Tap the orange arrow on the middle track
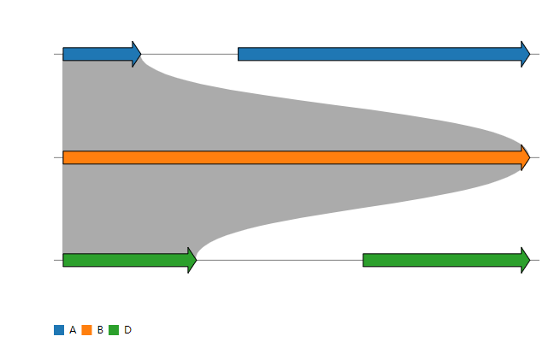click(291, 157)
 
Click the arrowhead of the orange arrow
click(525, 157)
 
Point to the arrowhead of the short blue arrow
click(136, 54)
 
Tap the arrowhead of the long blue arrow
click(525, 54)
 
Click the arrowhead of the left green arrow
click(192, 260)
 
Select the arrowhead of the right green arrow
click(525, 260)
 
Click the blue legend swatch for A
click(59, 330)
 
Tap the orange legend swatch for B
click(86, 330)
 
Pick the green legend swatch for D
click(114, 330)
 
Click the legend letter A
click(73, 330)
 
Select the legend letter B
click(100, 330)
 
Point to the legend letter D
click(127, 330)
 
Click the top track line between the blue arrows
click(189, 54)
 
